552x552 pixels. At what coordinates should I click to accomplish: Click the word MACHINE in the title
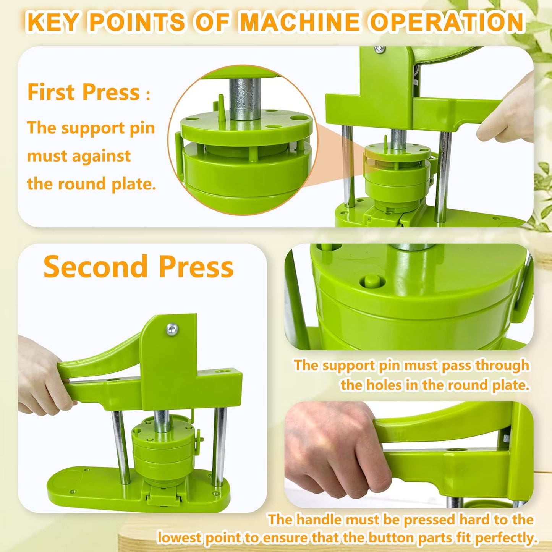click(300, 22)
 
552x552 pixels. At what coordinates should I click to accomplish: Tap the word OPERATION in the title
click(447, 22)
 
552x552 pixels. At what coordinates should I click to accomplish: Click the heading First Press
click(84, 92)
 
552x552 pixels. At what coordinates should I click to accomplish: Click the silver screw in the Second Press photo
click(172, 328)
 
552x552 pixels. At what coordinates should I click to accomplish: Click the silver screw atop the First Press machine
click(379, 49)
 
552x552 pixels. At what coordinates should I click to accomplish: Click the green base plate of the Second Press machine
click(76, 485)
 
